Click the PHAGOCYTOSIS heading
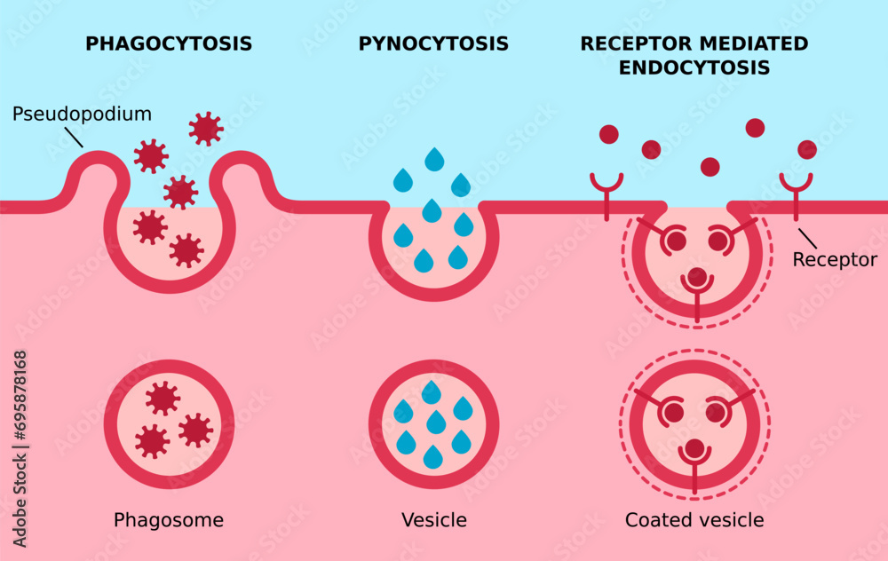click(x=168, y=43)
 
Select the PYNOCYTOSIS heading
click(x=433, y=43)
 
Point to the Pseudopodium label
click(x=83, y=115)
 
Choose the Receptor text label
click(x=835, y=260)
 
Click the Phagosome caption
click(x=169, y=520)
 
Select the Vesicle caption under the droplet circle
click(x=434, y=520)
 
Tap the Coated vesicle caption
click(x=694, y=520)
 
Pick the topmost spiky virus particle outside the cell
click(x=206, y=129)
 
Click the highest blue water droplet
click(x=434, y=160)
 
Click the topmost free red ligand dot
click(x=755, y=128)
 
